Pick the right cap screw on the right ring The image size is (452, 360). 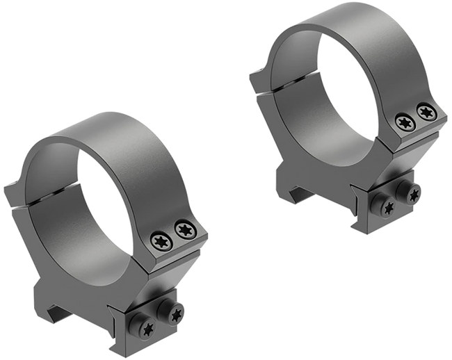click(423, 112)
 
